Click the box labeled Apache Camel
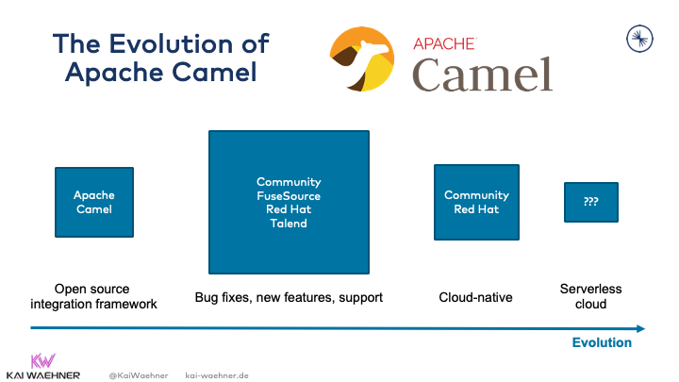[94, 202]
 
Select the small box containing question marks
[591, 202]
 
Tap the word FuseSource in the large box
[289, 195]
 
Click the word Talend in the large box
[289, 224]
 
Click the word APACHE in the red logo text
[445, 42]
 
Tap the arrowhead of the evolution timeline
[640, 328]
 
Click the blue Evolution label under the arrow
[602, 343]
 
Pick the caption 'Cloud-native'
[475, 297]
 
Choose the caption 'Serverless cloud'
[590, 296]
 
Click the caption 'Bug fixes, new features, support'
[289, 297]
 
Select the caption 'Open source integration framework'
[93, 296]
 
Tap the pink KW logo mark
[43, 361]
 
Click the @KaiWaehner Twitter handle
[138, 374]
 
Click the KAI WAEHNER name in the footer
[43, 374]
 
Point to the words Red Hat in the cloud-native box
[477, 209]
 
